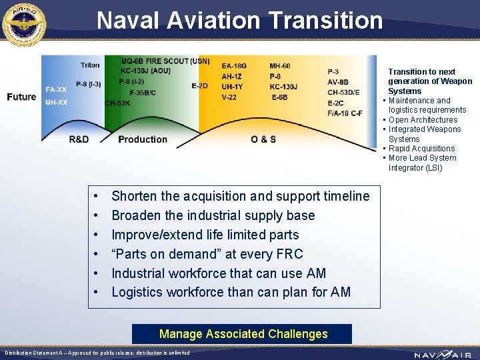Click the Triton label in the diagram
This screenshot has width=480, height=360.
tap(90, 65)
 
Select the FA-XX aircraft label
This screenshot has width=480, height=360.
tap(56, 89)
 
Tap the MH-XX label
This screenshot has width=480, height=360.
tap(56, 103)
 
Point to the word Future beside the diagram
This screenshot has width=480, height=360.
tap(21, 97)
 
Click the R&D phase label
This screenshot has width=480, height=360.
tap(79, 139)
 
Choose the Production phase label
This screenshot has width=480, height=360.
tap(143, 139)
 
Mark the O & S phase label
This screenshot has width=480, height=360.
tap(263, 139)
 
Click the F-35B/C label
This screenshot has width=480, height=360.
tap(143, 93)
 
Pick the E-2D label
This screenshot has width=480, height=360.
tap(199, 85)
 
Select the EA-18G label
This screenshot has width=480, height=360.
tap(234, 66)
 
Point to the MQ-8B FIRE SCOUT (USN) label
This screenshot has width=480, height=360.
tap(165, 61)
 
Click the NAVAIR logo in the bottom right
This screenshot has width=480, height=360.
tap(440, 354)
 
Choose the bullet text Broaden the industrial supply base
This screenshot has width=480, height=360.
tap(213, 215)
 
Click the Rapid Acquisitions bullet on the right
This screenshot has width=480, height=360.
tap(421, 149)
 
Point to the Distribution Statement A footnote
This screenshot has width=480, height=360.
tap(97, 353)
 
